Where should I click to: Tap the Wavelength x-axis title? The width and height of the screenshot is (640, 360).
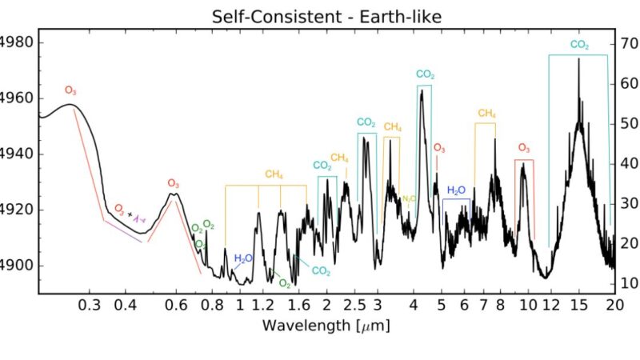(x=326, y=326)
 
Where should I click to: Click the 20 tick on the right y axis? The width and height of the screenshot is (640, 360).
(x=628, y=242)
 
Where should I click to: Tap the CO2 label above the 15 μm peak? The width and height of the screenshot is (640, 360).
(x=580, y=46)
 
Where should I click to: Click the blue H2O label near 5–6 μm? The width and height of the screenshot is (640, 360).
(x=456, y=190)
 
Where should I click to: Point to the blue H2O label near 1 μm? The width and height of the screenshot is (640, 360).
(x=243, y=258)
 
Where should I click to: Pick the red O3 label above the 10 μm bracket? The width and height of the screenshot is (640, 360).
(x=524, y=148)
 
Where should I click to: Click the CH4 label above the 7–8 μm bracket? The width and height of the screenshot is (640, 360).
(x=486, y=114)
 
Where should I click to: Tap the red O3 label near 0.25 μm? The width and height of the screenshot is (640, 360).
(x=71, y=90)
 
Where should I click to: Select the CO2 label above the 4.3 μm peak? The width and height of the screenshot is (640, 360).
(x=425, y=74)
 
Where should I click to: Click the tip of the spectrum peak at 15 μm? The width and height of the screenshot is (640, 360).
(x=578, y=59)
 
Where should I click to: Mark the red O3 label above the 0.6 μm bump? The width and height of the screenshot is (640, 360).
(x=174, y=183)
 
